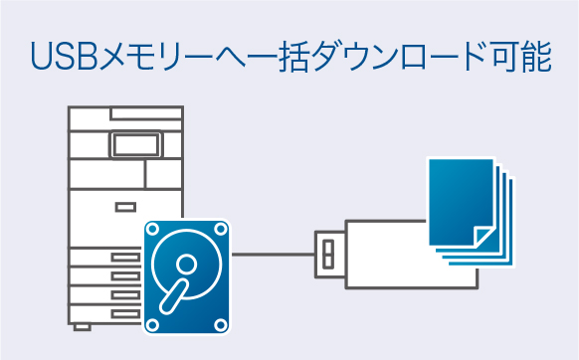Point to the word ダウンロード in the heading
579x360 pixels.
coord(378,57)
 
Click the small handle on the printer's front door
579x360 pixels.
coord(125,207)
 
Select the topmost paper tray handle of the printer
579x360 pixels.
coord(125,257)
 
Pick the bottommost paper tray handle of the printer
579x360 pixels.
coord(125,311)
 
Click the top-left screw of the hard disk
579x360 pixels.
coord(153,229)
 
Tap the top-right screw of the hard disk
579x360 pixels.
coord(221,229)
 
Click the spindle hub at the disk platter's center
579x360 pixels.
coord(186,265)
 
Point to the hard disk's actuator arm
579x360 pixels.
coord(172,296)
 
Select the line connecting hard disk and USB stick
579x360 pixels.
coord(274,255)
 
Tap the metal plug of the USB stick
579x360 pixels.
coord(329,255)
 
